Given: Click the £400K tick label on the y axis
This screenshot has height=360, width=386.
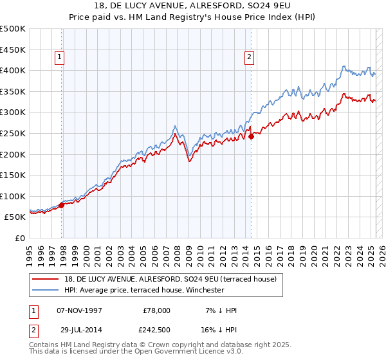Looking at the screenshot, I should [13, 70].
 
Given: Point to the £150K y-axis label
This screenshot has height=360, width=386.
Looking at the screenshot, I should [13, 175].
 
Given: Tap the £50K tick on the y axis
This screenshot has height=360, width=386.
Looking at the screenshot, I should [15, 217].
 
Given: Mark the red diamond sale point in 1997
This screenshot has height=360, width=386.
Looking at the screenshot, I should [62, 206].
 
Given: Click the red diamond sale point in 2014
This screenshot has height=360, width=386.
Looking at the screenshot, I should [252, 136].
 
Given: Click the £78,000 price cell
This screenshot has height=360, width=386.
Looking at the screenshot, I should [156, 310].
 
